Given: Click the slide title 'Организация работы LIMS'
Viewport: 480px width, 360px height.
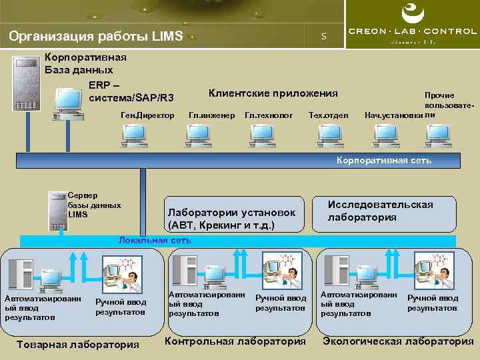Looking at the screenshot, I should (96, 37).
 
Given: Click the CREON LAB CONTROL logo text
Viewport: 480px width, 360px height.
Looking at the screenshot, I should (413, 31).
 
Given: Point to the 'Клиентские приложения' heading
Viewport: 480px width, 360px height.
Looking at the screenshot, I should (273, 93).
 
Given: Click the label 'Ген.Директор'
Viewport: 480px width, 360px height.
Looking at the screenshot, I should (147, 115).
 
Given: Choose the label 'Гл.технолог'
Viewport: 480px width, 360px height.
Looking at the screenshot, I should (269, 115).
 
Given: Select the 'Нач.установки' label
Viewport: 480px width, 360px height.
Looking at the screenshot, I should (393, 116).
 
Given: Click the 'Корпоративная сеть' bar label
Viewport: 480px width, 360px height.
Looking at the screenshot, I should (384, 160).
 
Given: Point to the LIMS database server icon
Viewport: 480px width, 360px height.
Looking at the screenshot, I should (57, 209).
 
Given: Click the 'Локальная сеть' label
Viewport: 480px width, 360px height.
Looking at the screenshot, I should (155, 240).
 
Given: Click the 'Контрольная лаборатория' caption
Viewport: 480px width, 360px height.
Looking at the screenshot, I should (235, 341).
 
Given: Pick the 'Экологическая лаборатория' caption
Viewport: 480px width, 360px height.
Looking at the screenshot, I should (398, 341).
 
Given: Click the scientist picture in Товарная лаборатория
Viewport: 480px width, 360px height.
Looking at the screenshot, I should (123, 275).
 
